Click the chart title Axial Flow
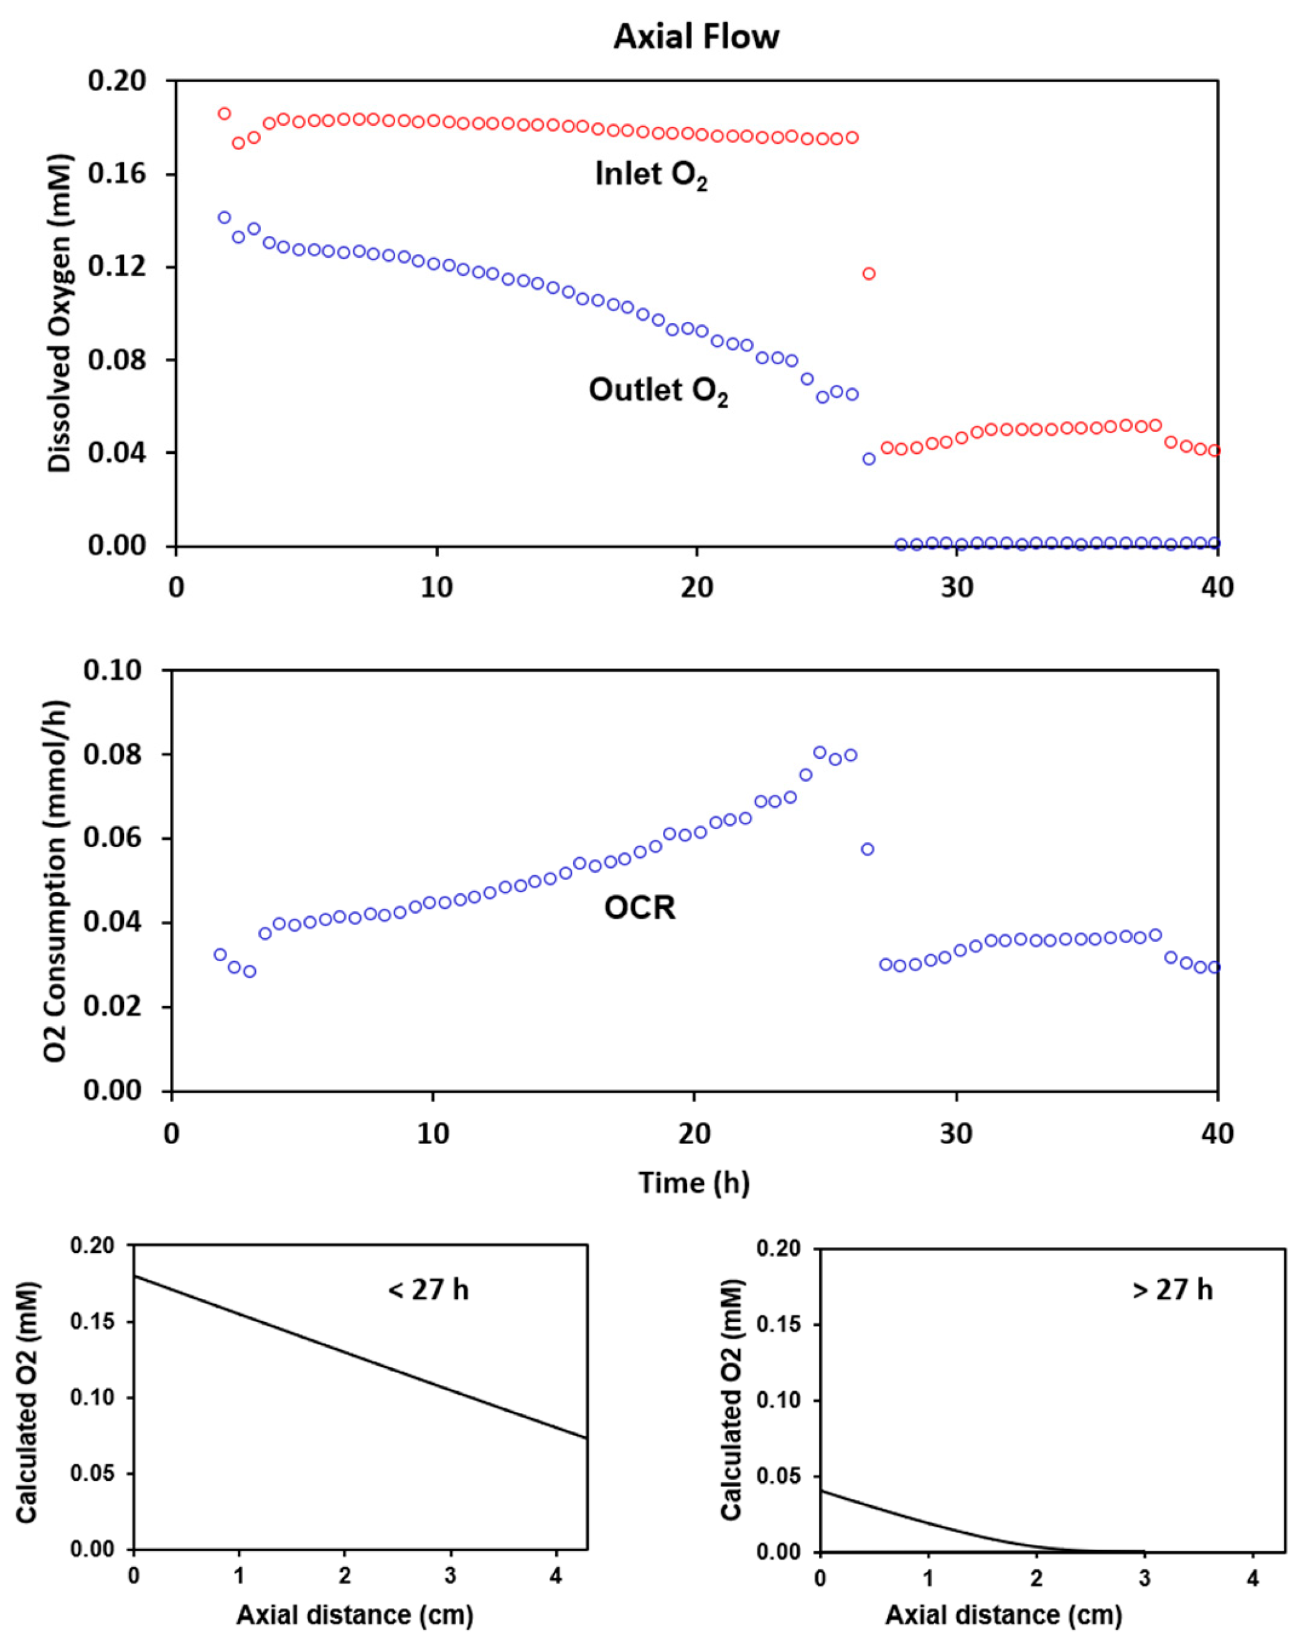696,37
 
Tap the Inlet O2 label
651,176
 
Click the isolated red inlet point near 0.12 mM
869,273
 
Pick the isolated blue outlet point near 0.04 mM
869,459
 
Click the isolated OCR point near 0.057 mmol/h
867,849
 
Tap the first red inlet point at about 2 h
224,114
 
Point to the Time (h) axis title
693,1183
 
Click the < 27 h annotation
428,1289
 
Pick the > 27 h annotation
1173,1289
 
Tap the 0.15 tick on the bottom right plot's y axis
784,1325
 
